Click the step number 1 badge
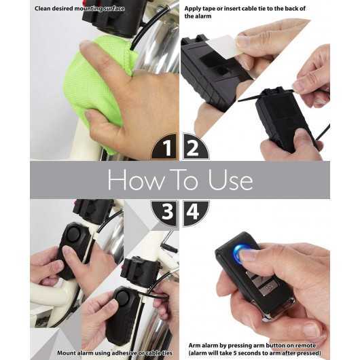coord(166,147)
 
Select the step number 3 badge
coord(166,213)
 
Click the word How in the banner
coord(131,180)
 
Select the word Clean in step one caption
coord(46,9)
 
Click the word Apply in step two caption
coord(196,9)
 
